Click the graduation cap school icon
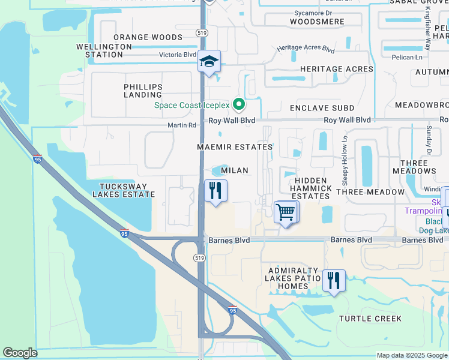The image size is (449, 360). pos(209,62)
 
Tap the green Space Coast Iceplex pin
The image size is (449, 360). pos(239,105)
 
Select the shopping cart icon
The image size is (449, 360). pos(285,211)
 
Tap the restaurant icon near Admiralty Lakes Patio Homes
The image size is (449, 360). pos(334,280)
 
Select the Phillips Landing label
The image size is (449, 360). pos(143,91)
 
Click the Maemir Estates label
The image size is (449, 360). pos(235,147)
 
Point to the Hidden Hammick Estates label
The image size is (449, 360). pos(312,188)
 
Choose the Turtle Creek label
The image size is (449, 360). pos(370,319)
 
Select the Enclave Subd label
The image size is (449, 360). pos(324,108)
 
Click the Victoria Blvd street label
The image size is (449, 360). pos(177,54)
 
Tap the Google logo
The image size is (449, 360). pos(20,353)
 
